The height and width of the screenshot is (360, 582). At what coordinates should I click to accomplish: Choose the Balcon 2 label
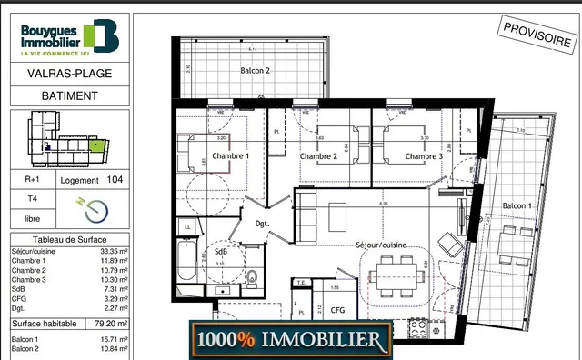click(256, 70)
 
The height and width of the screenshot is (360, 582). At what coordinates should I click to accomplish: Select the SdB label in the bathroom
click(221, 251)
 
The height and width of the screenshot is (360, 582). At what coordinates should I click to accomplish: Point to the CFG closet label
click(337, 310)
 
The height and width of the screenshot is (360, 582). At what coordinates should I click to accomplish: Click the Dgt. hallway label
click(262, 223)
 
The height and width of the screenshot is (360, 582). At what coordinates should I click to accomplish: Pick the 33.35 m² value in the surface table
click(115, 250)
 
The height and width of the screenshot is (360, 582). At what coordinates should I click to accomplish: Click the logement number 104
click(115, 180)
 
